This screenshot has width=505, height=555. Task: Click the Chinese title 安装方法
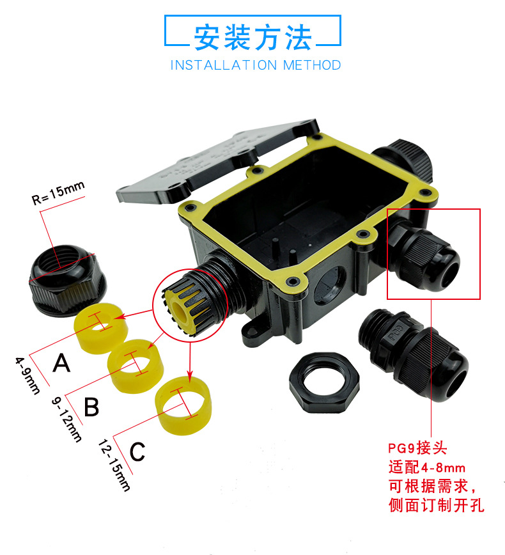[x=253, y=37]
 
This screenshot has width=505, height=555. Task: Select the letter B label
[x=92, y=407]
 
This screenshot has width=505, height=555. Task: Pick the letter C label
[x=137, y=451]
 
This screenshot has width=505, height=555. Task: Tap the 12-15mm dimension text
[x=114, y=465]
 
